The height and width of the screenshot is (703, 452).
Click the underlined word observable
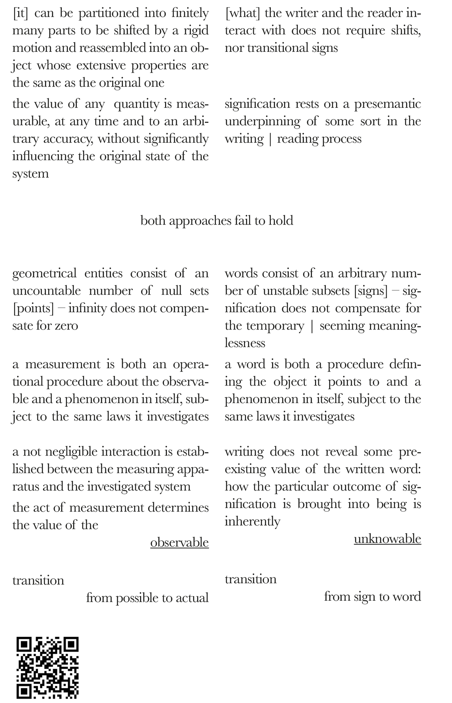coord(179,542)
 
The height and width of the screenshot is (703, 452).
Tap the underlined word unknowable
coord(387,539)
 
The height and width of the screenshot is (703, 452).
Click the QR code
coord(48,668)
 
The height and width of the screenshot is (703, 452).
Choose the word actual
coord(192,598)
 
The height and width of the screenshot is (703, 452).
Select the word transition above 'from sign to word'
coord(251,579)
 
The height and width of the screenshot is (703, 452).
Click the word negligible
coord(74,451)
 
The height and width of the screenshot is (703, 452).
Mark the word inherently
coord(253,521)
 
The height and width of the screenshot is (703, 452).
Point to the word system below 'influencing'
coord(31,174)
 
